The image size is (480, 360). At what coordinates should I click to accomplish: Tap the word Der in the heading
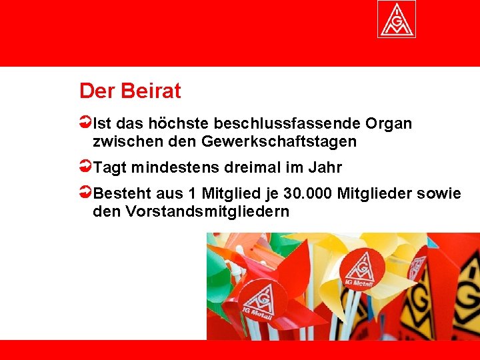pyautogui.click(x=96, y=91)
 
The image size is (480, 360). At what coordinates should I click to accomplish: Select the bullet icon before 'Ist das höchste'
pyautogui.click(x=85, y=123)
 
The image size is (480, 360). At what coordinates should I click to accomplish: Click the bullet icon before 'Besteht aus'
pyautogui.click(x=85, y=193)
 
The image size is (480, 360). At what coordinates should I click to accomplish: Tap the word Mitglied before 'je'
pyautogui.click(x=225, y=194)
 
